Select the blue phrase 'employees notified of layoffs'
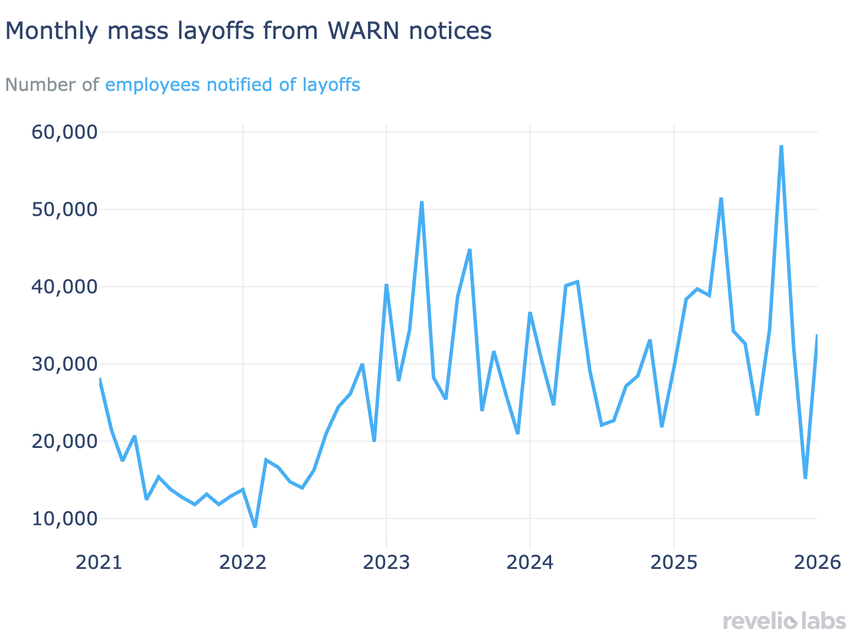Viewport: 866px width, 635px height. [232, 85]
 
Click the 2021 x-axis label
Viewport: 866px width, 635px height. [99, 562]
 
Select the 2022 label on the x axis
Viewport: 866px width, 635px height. [242, 562]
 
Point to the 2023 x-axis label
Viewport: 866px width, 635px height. [386, 562]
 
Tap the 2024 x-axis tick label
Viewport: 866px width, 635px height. [530, 562]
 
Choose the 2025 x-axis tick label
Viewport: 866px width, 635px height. [673, 562]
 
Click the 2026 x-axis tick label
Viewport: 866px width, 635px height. [817, 562]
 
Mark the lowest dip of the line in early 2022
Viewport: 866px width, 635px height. [255, 526]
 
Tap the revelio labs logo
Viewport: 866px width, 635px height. [784, 621]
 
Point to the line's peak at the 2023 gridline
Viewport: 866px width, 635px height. [386, 284]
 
